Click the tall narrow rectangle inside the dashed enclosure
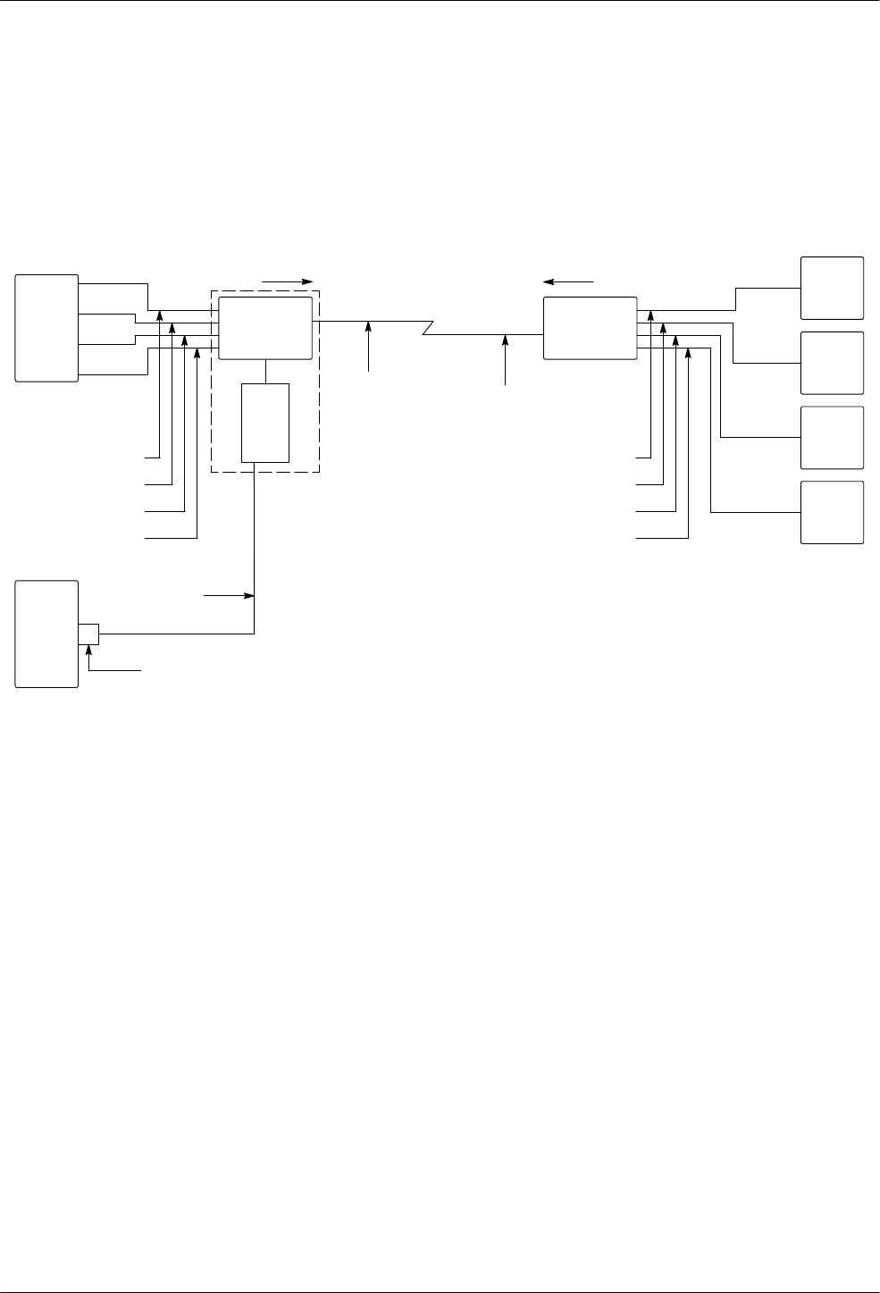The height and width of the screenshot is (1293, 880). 265,423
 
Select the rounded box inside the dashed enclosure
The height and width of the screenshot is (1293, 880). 265,328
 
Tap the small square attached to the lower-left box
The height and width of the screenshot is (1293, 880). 88,633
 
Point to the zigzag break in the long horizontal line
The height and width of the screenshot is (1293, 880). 427,328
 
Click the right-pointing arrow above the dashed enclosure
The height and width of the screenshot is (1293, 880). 287,281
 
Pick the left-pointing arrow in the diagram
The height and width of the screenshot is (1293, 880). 568,281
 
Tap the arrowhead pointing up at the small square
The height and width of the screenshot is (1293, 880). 88,648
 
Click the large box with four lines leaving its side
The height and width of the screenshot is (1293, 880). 46,328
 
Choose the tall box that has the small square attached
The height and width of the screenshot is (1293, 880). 46,634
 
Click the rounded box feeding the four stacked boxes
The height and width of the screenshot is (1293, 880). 590,328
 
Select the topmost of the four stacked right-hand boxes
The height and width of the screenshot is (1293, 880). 832,288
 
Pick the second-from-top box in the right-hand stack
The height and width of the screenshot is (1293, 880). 832,363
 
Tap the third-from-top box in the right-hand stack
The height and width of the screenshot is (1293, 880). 832,438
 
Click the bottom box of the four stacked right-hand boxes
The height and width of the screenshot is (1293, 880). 832,512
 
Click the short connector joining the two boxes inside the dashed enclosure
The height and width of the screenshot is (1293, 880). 265,372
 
